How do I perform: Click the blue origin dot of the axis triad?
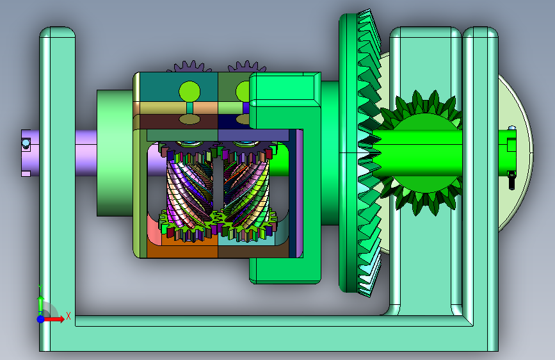(41, 319)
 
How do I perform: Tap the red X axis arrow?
(53, 319)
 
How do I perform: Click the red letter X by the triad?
(68, 316)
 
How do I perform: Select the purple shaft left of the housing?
(86, 152)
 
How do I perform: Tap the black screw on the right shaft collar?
(511, 179)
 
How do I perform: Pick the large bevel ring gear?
(359, 153)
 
